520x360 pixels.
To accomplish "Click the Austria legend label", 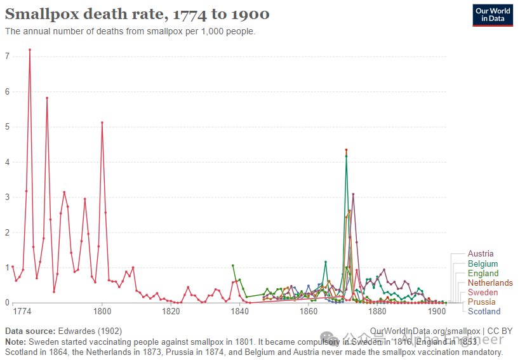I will [x=481, y=254].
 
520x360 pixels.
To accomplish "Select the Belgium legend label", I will [x=483, y=263].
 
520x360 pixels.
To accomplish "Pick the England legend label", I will [x=483, y=273].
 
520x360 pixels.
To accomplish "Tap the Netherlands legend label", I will [x=490, y=283].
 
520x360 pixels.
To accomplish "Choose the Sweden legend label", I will [x=483, y=292].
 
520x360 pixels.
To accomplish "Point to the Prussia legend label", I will [x=482, y=302].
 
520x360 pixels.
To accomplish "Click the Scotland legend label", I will [x=484, y=311].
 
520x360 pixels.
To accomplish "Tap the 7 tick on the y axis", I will [x=7, y=57].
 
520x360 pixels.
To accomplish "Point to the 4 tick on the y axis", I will [x=7, y=162].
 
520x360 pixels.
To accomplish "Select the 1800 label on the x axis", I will [x=102, y=312].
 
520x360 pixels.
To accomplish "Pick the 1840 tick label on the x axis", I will [x=239, y=312].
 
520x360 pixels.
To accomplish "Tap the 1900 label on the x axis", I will [x=437, y=312].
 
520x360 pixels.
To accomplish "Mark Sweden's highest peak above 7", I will [x=30, y=50].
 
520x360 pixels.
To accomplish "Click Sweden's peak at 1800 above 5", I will [x=102, y=123].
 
